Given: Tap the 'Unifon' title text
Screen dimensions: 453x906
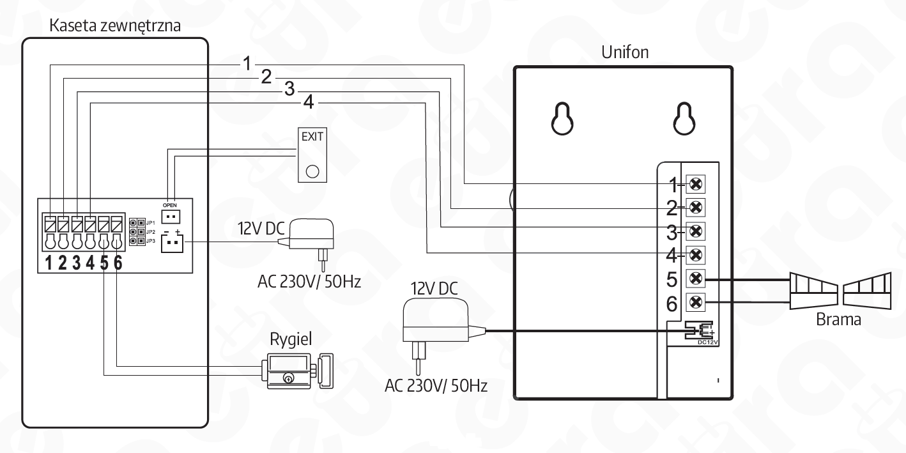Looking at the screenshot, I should [x=625, y=52].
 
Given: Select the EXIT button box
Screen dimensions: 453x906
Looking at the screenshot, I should [x=312, y=155].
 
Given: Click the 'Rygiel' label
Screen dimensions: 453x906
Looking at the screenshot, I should [x=291, y=339].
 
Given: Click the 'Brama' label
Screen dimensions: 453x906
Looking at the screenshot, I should [x=838, y=319].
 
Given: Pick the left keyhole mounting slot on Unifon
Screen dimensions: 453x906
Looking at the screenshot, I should [x=562, y=118].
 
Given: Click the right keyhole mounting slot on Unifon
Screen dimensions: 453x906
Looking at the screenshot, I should [x=684, y=118].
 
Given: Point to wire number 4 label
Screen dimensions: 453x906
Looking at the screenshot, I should [x=308, y=102].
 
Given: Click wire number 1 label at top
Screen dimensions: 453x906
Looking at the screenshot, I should [x=247, y=63].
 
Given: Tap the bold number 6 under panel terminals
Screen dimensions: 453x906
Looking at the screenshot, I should [x=118, y=263].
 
